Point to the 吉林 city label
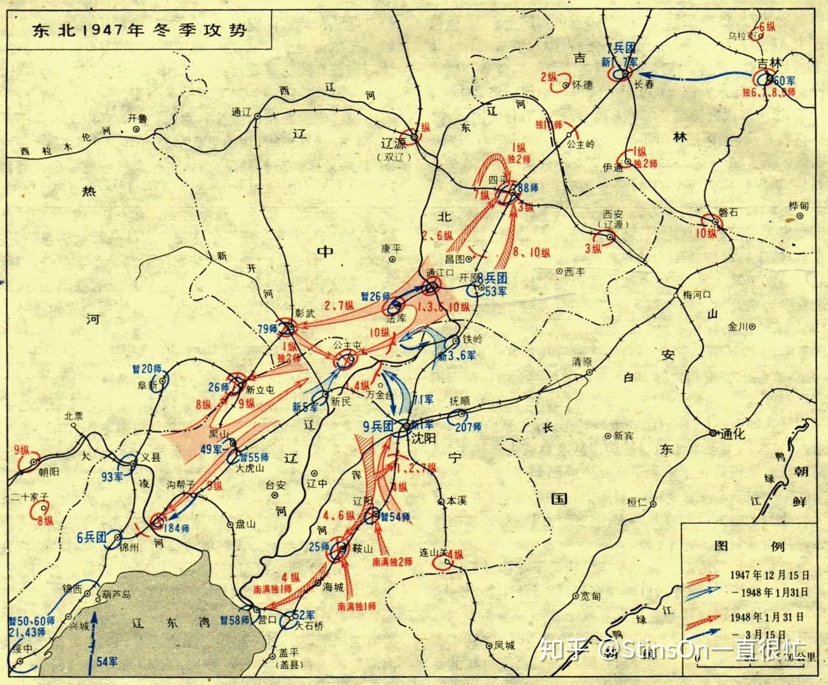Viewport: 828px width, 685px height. [x=767, y=64]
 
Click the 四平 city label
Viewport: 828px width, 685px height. [x=497, y=180]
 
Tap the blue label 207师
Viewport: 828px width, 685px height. [x=468, y=426]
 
